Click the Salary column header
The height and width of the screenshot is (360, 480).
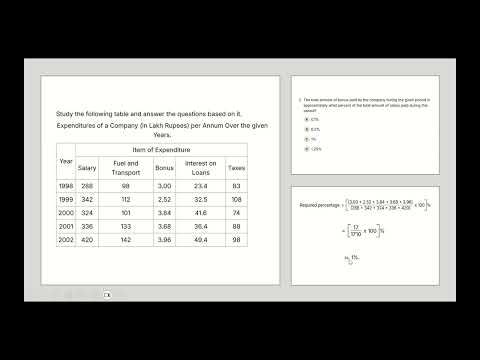(86, 167)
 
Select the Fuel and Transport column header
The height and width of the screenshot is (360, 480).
(124, 167)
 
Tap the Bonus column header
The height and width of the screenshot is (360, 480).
(164, 167)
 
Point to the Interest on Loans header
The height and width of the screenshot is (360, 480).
(200, 167)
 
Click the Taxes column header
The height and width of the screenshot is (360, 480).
(236, 167)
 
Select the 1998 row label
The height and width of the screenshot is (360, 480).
(66, 186)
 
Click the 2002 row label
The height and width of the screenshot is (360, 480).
(66, 240)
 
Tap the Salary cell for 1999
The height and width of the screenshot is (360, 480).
(86, 200)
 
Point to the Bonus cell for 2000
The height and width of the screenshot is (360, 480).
(164, 213)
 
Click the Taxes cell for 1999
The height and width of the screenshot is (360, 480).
(236, 200)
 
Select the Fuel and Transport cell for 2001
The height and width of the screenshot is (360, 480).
(124, 227)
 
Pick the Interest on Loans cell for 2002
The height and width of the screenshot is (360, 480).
(200, 240)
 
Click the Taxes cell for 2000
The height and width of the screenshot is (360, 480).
(236, 213)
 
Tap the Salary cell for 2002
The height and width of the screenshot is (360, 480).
(86, 240)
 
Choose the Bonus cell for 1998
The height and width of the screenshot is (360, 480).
(164, 186)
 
